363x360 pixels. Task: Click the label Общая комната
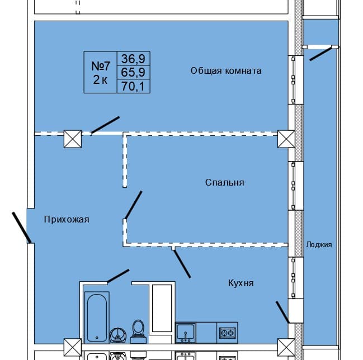pos(225,71)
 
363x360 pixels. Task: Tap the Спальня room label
pos(224,183)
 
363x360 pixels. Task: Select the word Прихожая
pos(67,220)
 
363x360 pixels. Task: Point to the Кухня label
pos(241,283)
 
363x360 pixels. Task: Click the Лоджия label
pos(319,245)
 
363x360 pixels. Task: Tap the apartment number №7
pos(101,65)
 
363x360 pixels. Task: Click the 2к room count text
pos(101,79)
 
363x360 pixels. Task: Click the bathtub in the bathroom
pos(97,316)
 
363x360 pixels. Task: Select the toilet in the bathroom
pos(138,329)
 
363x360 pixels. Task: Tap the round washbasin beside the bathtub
pos(118,334)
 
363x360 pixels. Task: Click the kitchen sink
pos(185,333)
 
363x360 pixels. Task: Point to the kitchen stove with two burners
pos(227,333)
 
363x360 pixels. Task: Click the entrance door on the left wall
pos(21,227)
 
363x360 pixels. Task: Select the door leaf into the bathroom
pos(118,276)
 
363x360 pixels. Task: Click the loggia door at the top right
pos(320,53)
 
